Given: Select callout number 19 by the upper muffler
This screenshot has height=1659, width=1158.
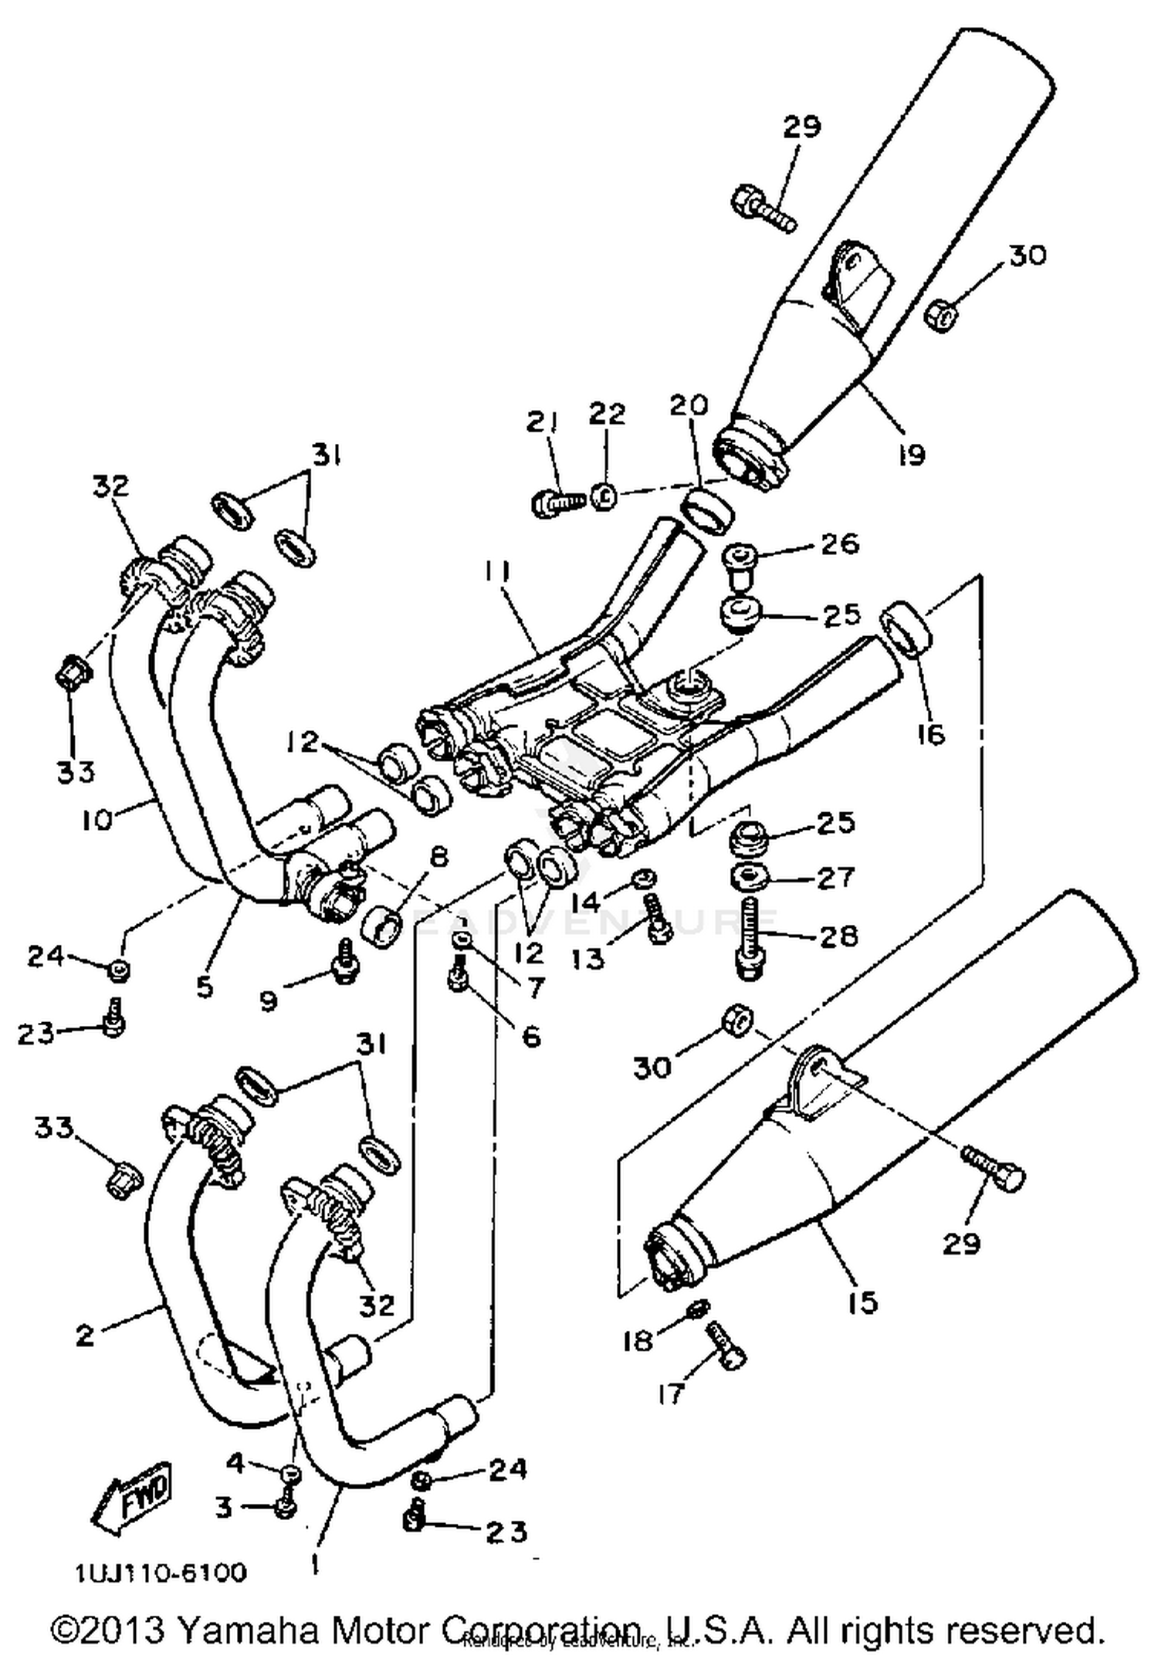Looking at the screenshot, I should point(911,455).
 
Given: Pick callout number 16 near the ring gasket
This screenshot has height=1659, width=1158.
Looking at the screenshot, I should point(932,733).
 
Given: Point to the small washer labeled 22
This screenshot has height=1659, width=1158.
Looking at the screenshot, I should point(604,496).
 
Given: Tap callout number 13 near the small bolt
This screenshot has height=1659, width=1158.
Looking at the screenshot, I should point(587,959).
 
